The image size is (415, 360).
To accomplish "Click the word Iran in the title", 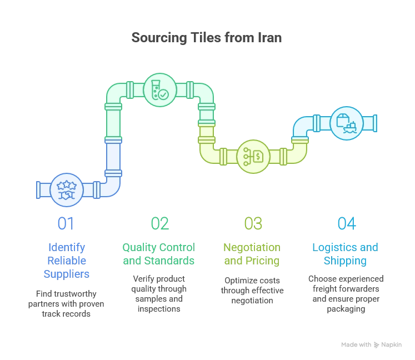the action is click(x=269, y=38).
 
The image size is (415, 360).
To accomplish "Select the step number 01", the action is click(x=66, y=224).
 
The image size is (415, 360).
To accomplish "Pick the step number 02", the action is click(x=160, y=224).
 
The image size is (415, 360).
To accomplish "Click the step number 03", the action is click(x=253, y=224).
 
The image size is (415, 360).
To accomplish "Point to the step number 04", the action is click(x=347, y=224).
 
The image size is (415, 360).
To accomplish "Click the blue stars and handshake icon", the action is click(x=67, y=190).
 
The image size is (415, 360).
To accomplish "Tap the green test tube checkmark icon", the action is click(x=160, y=90).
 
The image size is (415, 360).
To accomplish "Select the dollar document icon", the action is click(x=253, y=157).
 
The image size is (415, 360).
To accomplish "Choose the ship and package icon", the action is click(x=347, y=123).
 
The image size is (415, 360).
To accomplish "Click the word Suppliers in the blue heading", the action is click(x=67, y=274).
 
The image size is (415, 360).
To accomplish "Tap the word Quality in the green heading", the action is click(x=140, y=248).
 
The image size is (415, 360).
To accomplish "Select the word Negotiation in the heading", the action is click(x=252, y=248).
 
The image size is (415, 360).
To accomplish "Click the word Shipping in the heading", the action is click(x=345, y=261).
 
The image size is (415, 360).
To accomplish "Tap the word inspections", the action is click(x=159, y=309).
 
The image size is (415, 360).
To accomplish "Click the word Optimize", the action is click(x=241, y=281).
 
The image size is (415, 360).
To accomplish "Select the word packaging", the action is click(x=346, y=309).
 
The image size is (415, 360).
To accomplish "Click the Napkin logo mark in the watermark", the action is click(x=376, y=344).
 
